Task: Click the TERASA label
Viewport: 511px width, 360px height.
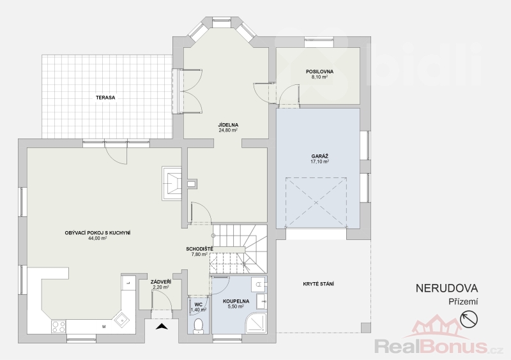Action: (105, 98)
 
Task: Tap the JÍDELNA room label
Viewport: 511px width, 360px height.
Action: (228, 124)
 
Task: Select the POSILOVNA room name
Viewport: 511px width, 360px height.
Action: (319, 71)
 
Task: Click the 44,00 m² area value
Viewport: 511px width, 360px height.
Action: (98, 238)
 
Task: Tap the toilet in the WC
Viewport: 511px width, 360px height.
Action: (198, 326)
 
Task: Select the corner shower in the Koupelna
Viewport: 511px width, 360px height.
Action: (256, 322)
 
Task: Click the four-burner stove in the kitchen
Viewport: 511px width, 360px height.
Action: (59, 327)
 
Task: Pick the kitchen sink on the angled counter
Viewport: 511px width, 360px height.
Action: (121, 320)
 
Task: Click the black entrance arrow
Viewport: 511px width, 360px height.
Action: (162, 326)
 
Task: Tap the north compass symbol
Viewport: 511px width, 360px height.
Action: (469, 319)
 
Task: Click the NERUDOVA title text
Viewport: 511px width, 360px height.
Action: (446, 288)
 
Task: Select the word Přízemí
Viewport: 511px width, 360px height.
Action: (463, 302)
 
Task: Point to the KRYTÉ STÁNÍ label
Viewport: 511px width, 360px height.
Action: (318, 284)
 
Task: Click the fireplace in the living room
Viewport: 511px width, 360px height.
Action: (172, 183)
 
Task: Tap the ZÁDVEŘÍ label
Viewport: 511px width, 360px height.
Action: (161, 282)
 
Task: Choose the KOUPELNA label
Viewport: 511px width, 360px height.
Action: (236, 301)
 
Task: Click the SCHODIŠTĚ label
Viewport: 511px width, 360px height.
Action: (199, 249)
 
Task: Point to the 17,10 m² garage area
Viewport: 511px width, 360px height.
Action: (320, 161)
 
